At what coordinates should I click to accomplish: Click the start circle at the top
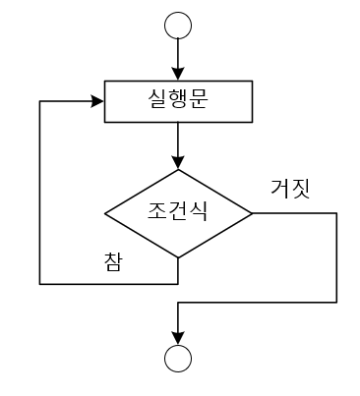point(177,25)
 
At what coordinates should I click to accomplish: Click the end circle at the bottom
point(177,360)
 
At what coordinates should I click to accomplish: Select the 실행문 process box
point(177,101)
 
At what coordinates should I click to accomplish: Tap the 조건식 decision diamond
point(178,212)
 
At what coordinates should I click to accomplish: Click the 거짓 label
point(290,189)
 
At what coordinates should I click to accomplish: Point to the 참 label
point(113,261)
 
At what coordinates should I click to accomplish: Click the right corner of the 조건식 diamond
point(252,212)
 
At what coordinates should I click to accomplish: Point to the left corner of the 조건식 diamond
point(104,212)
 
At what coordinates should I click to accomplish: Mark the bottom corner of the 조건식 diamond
point(178,257)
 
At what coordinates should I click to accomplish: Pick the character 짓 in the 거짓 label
point(301,189)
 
